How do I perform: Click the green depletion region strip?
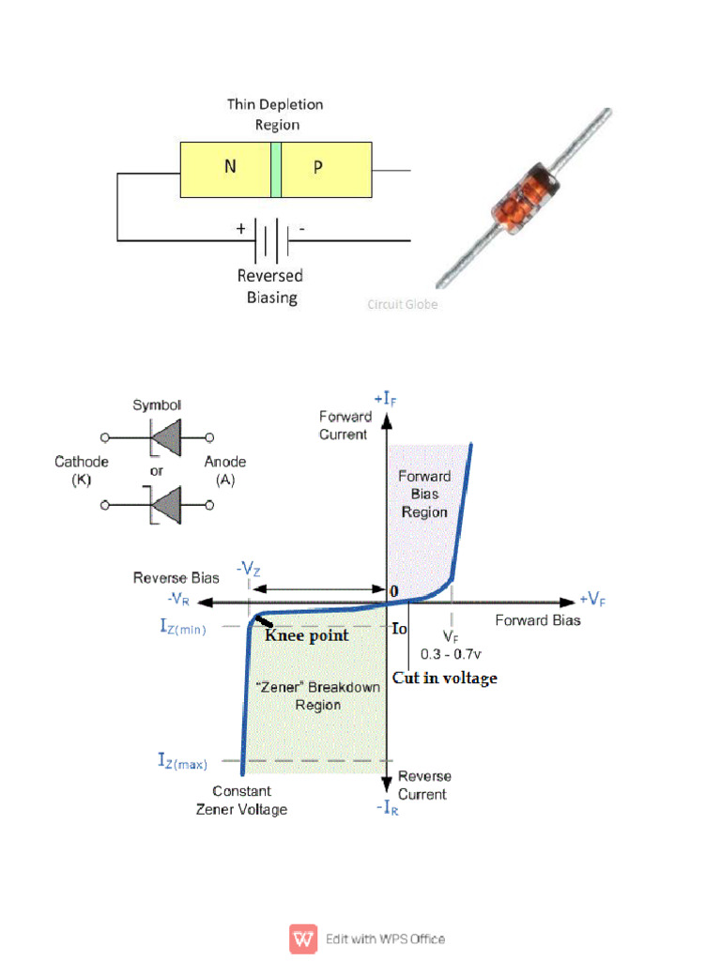(x=276, y=169)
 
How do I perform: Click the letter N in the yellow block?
(x=230, y=168)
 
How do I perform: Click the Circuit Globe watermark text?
(x=402, y=304)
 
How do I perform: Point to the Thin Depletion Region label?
(x=275, y=114)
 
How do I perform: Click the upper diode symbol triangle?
(x=166, y=436)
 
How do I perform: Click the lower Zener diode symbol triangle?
(x=166, y=505)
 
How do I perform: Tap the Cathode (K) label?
(x=82, y=470)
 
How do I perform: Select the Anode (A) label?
(x=225, y=470)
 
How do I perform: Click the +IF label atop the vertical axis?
(x=388, y=399)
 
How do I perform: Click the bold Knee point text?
(x=307, y=635)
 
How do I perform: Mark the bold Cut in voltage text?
(x=444, y=678)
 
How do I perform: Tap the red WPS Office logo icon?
(x=302, y=938)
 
